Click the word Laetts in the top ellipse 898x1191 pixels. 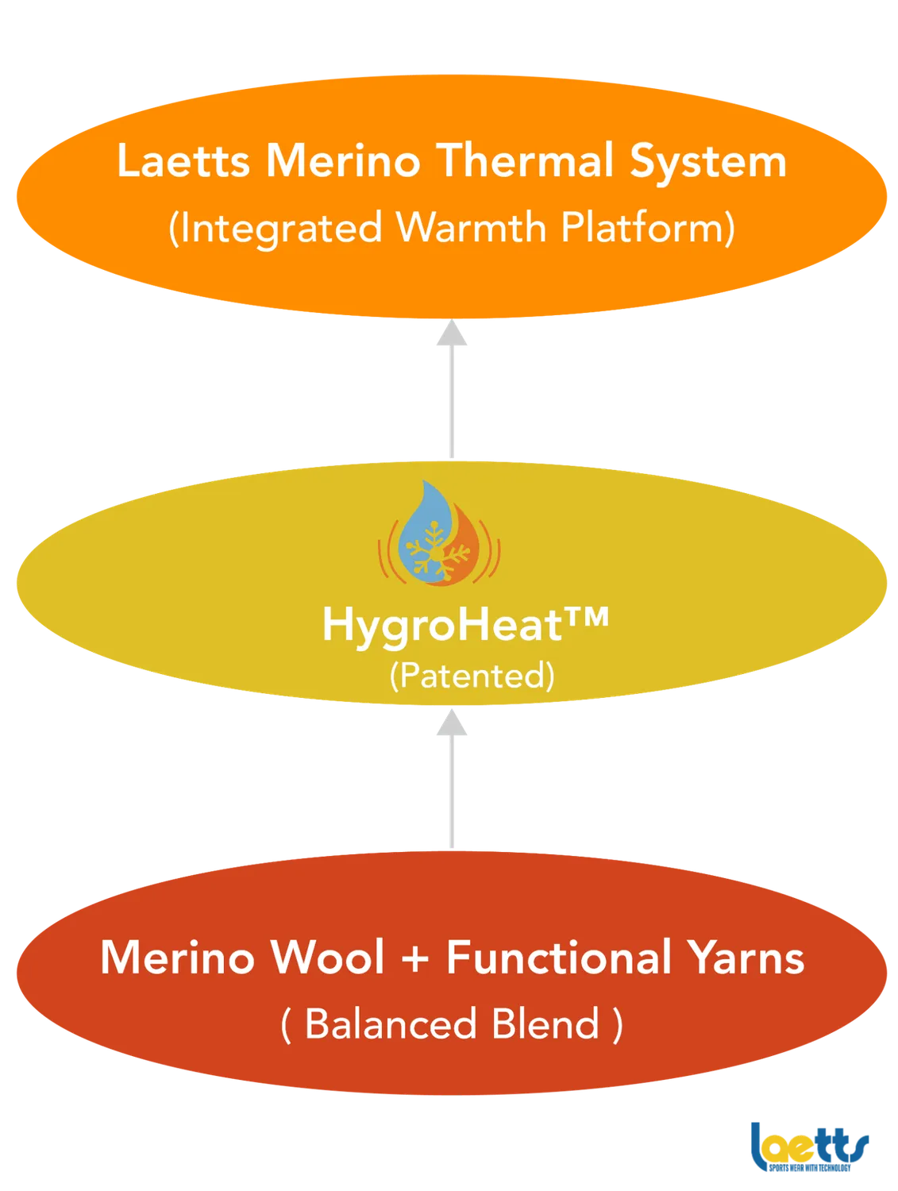click(x=183, y=161)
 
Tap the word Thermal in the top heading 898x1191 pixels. click(x=525, y=161)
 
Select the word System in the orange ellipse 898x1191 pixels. click(x=707, y=163)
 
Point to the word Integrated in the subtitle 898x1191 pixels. click(x=276, y=229)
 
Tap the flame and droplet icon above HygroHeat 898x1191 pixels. click(x=439, y=534)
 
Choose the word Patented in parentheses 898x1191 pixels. click(x=472, y=675)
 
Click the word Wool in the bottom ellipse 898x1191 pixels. click(x=328, y=958)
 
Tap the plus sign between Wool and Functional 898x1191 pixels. click(x=415, y=959)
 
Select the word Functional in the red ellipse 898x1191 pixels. click(x=557, y=958)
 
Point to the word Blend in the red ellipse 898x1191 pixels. click(x=545, y=1024)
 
